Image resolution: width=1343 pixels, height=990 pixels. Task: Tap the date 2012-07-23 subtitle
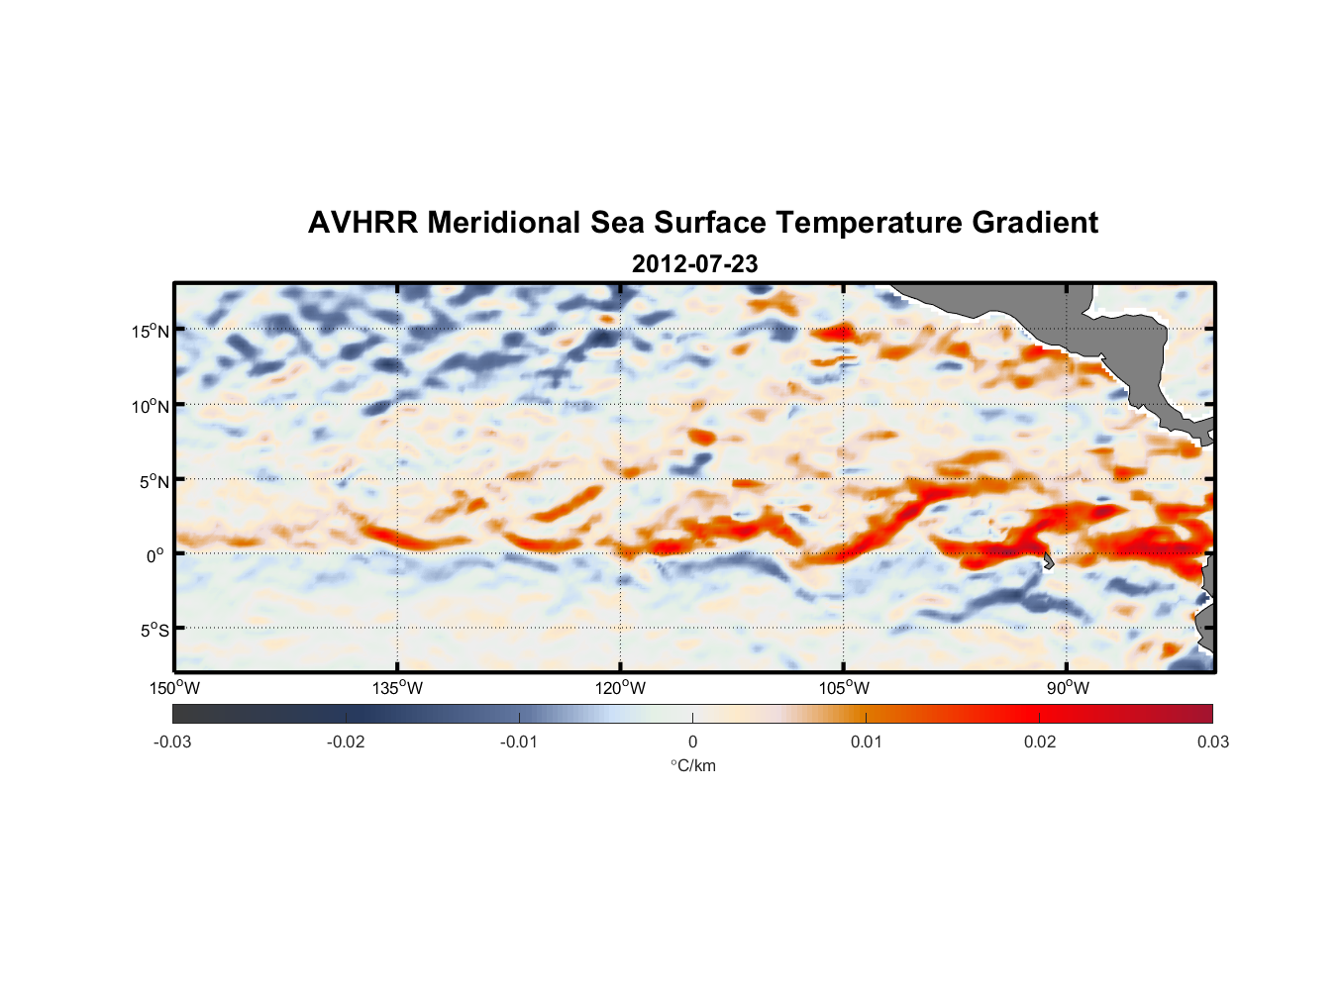694,264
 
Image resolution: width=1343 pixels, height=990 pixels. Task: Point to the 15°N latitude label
151,332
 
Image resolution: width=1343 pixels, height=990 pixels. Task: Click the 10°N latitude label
151,407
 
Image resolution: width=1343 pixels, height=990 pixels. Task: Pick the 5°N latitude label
154,482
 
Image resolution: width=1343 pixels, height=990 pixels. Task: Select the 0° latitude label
155,556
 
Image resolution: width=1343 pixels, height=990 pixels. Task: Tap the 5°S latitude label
154,631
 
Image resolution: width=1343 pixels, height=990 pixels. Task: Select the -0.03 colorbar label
172,742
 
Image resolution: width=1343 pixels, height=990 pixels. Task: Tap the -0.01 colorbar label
519,742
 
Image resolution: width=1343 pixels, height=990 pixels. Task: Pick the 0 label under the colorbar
692,742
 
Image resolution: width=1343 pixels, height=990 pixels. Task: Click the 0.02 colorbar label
1040,742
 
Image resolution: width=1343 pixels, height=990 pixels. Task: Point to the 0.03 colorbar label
1212,742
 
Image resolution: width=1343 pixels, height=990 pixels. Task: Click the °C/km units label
692,765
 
